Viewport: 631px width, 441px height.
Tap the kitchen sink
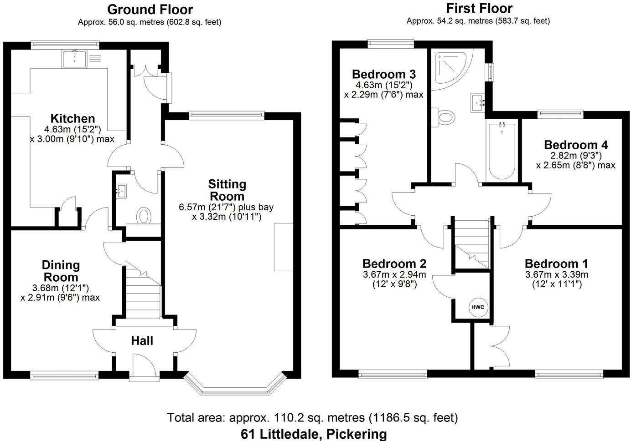[x=74, y=58]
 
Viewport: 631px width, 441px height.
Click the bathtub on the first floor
[x=502, y=152]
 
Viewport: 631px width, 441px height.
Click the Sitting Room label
[x=227, y=190]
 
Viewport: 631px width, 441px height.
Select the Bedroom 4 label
[x=576, y=145]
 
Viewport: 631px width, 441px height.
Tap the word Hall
[x=142, y=340]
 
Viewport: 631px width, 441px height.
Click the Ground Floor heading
[x=150, y=9]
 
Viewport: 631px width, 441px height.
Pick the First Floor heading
[x=479, y=8]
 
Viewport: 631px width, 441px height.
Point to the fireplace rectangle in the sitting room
[x=284, y=247]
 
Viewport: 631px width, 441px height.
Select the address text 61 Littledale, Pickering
[x=314, y=434]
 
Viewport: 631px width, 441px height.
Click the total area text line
[x=312, y=417]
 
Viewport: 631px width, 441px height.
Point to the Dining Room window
[x=64, y=375]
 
